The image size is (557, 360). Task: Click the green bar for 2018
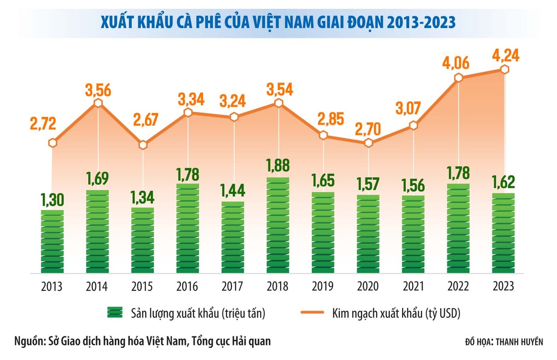[278, 225]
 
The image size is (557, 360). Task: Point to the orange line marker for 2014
[97, 104]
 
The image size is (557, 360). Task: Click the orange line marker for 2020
[369, 143]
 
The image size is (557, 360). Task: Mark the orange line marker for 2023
[505, 69]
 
